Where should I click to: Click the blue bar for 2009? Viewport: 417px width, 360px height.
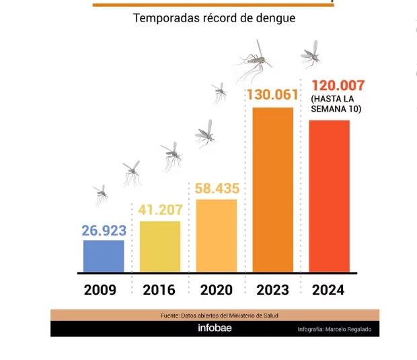pyautogui.click(x=104, y=256)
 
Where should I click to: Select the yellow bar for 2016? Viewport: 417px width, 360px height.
pyautogui.click(x=160, y=246)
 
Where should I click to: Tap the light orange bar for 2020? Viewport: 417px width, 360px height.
pyautogui.click(x=217, y=236)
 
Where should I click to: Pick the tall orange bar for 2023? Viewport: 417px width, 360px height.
pyautogui.click(x=272, y=190)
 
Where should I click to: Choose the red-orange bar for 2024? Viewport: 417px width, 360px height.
pyautogui.click(x=329, y=196)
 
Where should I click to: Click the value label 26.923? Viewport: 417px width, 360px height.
pyautogui.click(x=104, y=231)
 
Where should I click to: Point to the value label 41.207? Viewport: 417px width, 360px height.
pyautogui.click(x=161, y=210)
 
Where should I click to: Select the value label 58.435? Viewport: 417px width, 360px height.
pyautogui.click(x=217, y=188)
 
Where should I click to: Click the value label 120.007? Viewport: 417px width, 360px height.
pyautogui.click(x=338, y=86)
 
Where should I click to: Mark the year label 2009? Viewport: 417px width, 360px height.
pyautogui.click(x=100, y=290)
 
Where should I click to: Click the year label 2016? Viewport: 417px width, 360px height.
pyautogui.click(x=159, y=290)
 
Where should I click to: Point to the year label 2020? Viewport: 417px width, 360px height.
pyautogui.click(x=217, y=290)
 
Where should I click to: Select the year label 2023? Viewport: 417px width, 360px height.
pyautogui.click(x=272, y=290)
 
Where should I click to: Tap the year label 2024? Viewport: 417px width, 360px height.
pyautogui.click(x=328, y=290)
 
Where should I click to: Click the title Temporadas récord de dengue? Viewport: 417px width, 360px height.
pyautogui.click(x=214, y=18)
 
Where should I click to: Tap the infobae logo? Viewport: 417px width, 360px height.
pyautogui.click(x=214, y=328)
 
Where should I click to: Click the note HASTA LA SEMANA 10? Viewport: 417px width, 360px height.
pyautogui.click(x=336, y=104)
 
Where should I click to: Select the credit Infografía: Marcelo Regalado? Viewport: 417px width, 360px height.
pyautogui.click(x=334, y=329)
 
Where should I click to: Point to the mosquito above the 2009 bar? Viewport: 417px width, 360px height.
pyautogui.click(x=102, y=194)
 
